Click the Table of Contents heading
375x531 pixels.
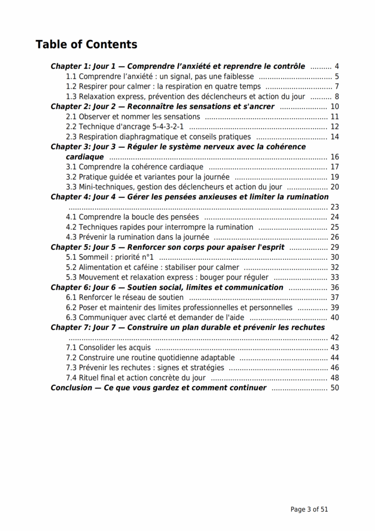tap(86, 45)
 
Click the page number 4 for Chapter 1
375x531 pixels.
tap(337, 66)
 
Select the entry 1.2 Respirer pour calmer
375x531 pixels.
tap(163, 87)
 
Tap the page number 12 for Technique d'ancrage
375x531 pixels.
tap(335, 127)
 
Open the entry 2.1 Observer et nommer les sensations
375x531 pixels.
tap(133, 117)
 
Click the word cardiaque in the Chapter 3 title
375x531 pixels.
tap(84, 157)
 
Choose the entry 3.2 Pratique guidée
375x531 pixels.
tap(147, 177)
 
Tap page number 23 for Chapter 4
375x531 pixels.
tap(335, 207)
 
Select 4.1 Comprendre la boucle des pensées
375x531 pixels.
tap(132, 217)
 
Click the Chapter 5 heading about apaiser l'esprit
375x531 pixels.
tap(167, 247)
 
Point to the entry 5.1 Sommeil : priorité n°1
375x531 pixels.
tap(110, 257)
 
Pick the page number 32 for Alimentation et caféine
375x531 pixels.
tap(335, 267)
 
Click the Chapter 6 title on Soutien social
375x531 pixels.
tap(167, 287)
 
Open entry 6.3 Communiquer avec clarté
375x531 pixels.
tap(155, 317)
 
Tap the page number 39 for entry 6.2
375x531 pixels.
tap(335, 308)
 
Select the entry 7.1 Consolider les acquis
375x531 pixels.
tap(108, 347)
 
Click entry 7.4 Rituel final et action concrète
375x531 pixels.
tap(135, 378)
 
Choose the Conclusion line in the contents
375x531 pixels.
tap(158, 388)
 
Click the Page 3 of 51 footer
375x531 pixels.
tap(309, 509)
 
